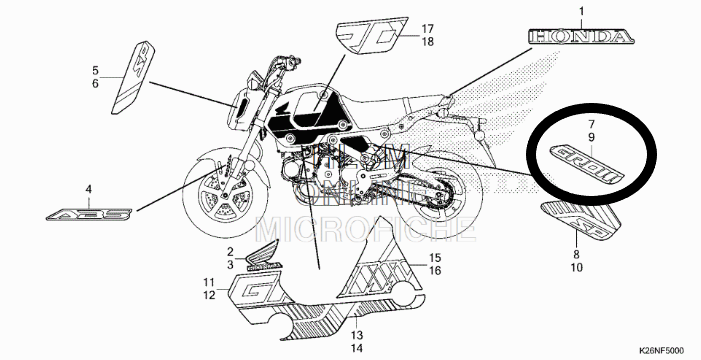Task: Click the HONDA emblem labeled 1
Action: tap(580, 38)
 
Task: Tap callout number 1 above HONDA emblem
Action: tap(580, 11)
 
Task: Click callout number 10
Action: tap(576, 267)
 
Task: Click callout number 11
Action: tap(209, 282)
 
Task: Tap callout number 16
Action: tap(435, 270)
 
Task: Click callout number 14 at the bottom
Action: tap(357, 347)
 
